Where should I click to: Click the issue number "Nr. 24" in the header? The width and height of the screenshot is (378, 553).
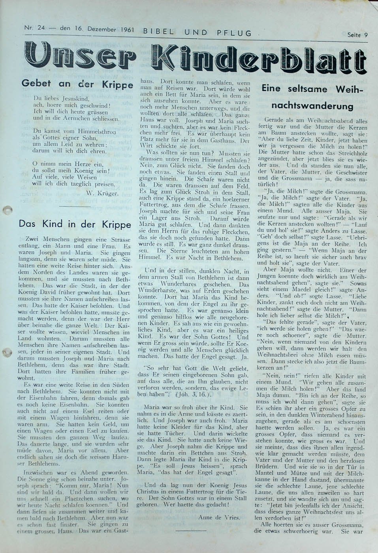pos(35,28)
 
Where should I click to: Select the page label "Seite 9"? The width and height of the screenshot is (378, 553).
pos(357,35)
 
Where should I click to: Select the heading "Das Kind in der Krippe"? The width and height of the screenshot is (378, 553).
pos(75,223)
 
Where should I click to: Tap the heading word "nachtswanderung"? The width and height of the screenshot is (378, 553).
pos(312,106)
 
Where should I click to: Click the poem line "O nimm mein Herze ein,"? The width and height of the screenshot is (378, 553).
pos(62,163)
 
